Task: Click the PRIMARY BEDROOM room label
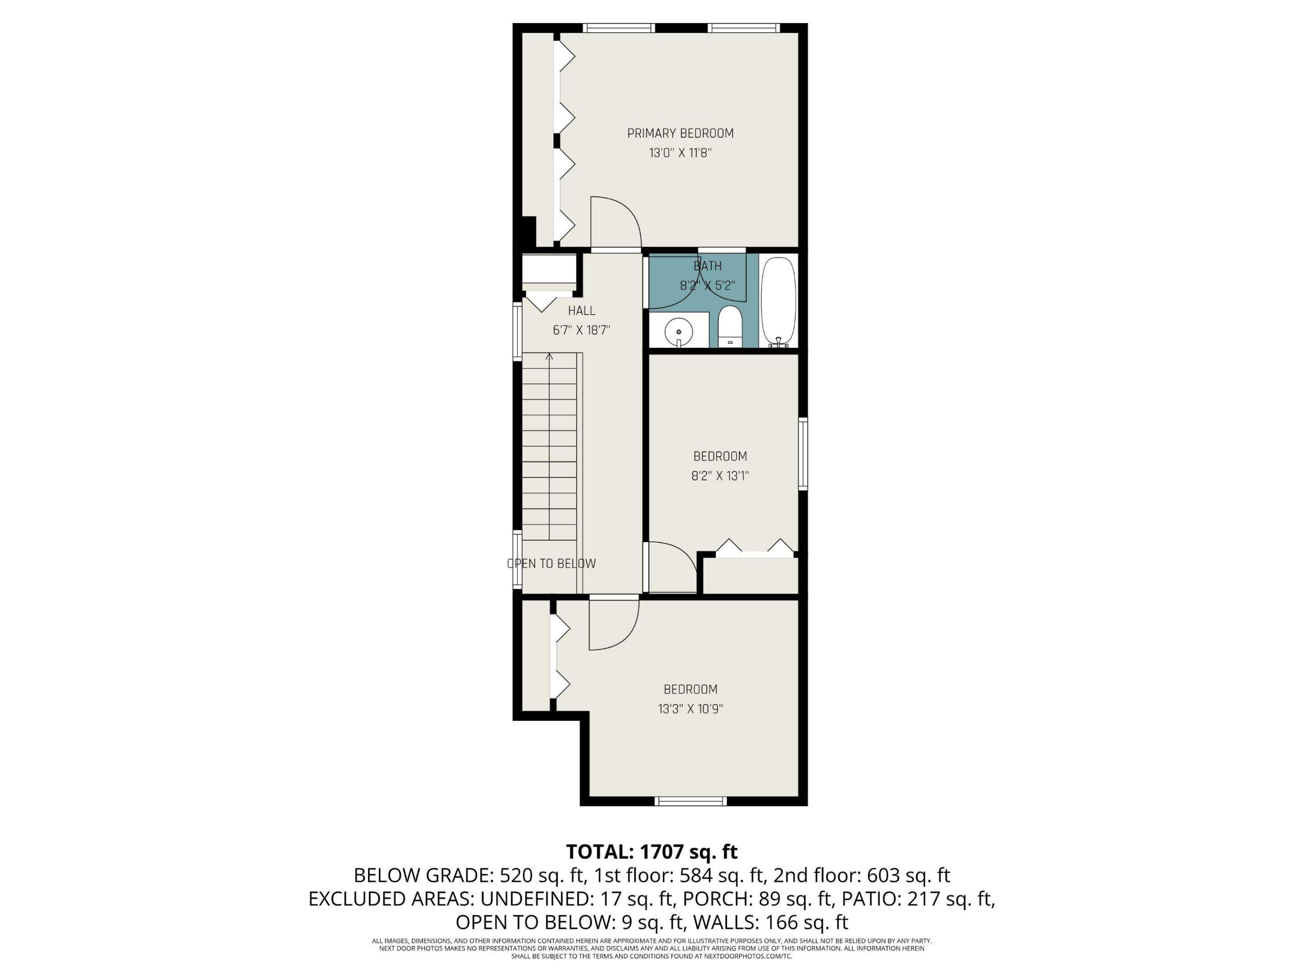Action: tap(680, 133)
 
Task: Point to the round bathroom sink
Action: tap(679, 332)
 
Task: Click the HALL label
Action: tap(581, 311)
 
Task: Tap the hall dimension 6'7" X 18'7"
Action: tap(581, 330)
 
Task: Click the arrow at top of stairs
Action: tap(549, 357)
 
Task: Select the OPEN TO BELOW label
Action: tap(551, 564)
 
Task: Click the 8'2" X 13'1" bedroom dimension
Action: tap(720, 476)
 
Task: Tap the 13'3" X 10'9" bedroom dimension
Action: tap(690, 709)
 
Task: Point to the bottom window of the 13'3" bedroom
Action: tap(691, 801)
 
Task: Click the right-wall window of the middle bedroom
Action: tap(803, 453)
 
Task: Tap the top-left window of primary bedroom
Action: tap(619, 28)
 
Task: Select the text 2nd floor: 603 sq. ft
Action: tap(862, 875)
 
